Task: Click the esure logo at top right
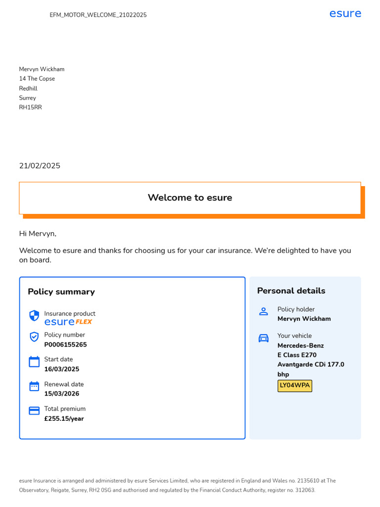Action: tap(345, 13)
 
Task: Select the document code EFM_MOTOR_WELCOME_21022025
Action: tap(98, 15)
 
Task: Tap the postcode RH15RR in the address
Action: tap(30, 107)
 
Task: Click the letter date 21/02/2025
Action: tap(40, 166)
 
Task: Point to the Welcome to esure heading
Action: tap(190, 198)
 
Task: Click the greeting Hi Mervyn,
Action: tap(38, 234)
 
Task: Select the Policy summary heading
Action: tap(61, 292)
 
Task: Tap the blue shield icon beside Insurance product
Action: tap(34, 316)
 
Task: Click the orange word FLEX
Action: tap(84, 322)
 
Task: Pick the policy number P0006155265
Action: tap(65, 345)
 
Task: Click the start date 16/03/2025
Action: tap(61, 369)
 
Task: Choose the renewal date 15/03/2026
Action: tap(61, 394)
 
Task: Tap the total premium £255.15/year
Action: tap(64, 419)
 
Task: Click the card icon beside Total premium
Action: tap(34, 410)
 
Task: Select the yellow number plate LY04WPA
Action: tap(295, 386)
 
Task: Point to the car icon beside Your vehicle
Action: tap(264, 338)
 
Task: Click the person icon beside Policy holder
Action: tap(264, 311)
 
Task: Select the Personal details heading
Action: tap(291, 291)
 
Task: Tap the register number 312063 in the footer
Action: tap(305, 490)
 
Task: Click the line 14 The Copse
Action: tap(37, 79)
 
